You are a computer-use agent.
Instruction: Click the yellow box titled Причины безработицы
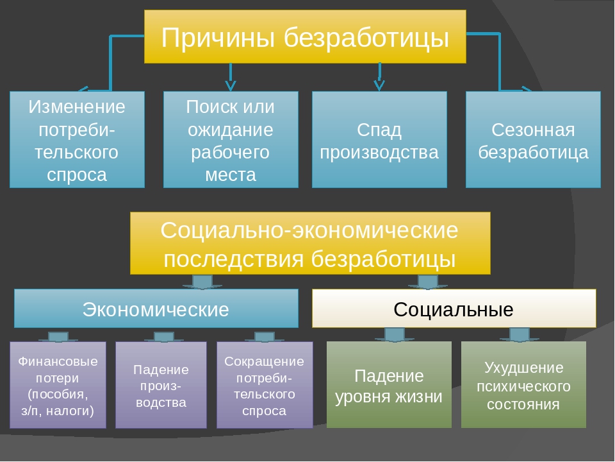(305, 37)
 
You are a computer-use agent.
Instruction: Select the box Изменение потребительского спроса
(77, 139)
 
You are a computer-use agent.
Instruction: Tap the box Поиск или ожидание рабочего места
(231, 139)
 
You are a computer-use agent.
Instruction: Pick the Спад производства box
(379, 139)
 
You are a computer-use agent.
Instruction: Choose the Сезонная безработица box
(533, 139)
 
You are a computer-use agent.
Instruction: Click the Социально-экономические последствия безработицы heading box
(310, 244)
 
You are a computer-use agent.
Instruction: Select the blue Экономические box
(156, 309)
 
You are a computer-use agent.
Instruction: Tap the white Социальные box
(454, 309)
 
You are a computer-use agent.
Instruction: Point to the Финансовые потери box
(58, 385)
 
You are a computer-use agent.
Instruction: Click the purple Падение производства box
(161, 385)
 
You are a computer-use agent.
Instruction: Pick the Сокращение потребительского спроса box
(265, 385)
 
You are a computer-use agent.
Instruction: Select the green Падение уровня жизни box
(389, 385)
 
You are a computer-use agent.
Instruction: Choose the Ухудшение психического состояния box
(523, 385)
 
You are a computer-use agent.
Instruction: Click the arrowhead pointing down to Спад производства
(379, 83)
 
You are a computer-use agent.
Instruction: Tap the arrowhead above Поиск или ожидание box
(231, 83)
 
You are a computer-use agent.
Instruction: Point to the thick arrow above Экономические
(203, 282)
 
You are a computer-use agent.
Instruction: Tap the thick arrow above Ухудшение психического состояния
(519, 334)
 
